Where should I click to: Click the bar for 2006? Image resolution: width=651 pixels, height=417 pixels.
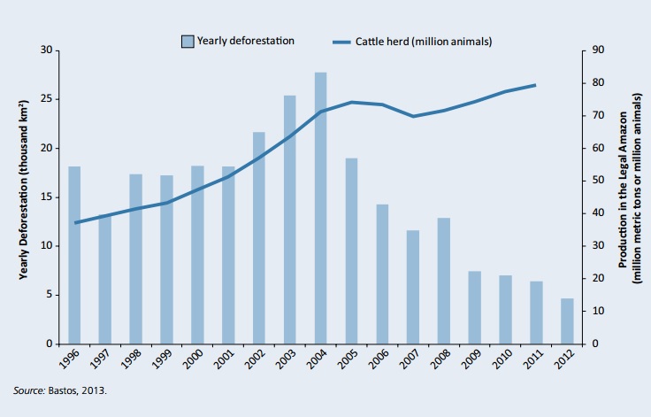[382, 274]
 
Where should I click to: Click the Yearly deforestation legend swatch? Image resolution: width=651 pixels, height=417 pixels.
[188, 41]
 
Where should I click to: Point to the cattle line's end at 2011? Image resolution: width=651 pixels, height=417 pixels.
[535, 85]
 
